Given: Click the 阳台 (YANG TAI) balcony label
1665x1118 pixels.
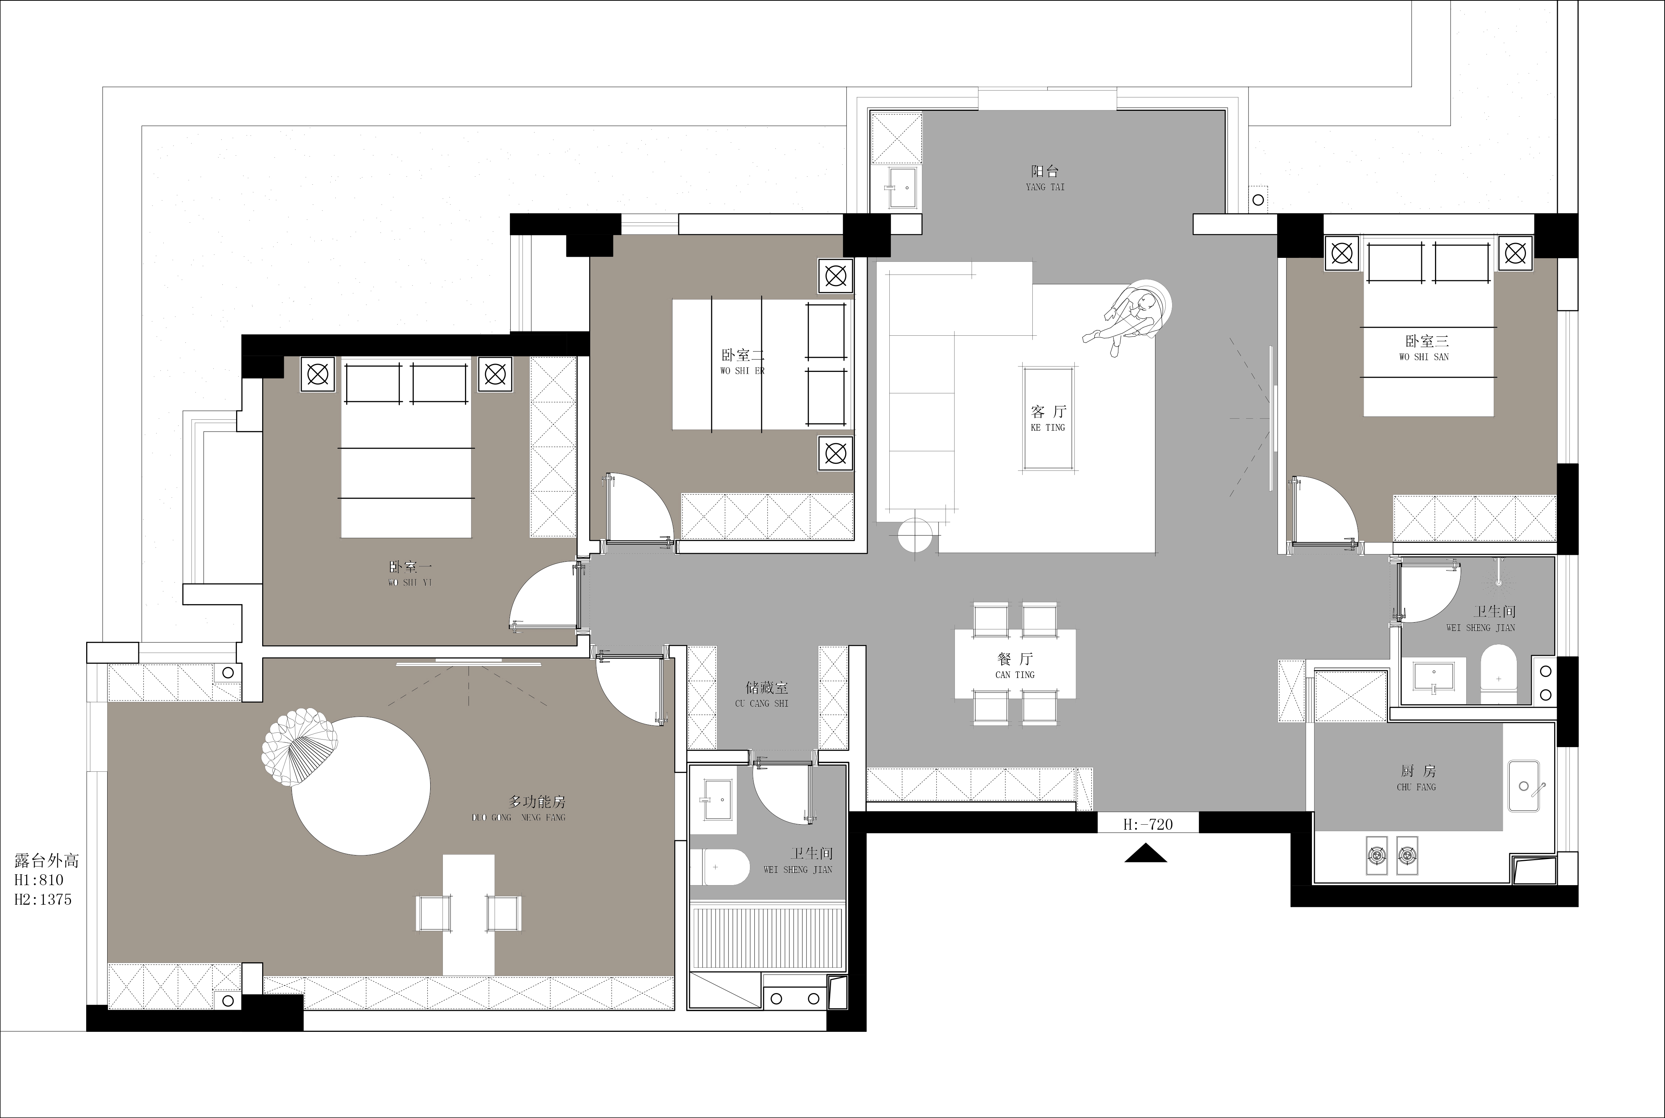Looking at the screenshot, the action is [x=1045, y=177].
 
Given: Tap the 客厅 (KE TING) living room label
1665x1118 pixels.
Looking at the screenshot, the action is [x=1048, y=418].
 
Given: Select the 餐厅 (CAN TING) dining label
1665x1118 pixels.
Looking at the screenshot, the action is [x=1015, y=665].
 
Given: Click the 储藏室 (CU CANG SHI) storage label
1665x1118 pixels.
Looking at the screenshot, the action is [x=762, y=695].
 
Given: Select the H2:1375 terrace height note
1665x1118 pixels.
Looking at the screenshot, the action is [x=43, y=900].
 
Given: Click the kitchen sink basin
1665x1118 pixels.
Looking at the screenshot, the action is [x=1523, y=786].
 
